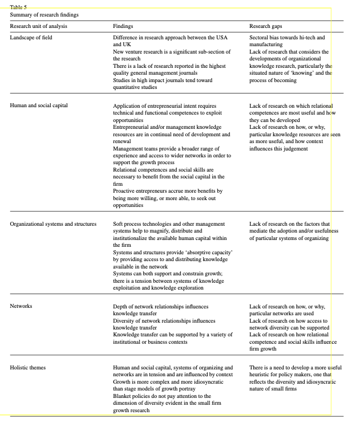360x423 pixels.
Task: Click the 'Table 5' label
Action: click(18, 7)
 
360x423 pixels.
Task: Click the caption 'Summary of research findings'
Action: click(45, 14)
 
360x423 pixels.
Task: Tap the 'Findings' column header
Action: click(124, 26)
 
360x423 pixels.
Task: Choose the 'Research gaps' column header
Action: click(265, 26)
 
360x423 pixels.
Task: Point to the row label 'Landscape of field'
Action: click(34, 38)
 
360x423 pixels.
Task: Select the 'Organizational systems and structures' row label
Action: click(53, 224)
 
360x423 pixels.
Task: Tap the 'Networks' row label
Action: click(21, 306)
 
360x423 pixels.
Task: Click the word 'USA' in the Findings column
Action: click(221, 38)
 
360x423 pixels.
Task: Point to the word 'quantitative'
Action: click(128, 87)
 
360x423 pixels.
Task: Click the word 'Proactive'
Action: click(124, 190)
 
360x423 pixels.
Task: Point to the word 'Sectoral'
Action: click(260, 38)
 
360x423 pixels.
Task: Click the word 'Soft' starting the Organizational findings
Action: click(119, 224)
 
